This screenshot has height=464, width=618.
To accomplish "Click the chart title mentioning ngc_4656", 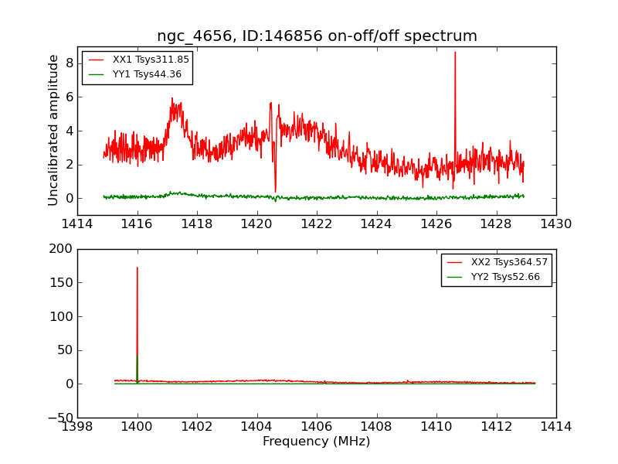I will coord(317,36).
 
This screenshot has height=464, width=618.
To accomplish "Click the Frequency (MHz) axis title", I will coord(317,442).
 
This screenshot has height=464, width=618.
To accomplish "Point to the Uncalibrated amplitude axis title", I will coord(53,130).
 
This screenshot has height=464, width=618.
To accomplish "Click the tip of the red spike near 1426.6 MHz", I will coord(455,53).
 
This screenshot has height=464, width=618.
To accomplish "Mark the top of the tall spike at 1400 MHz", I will coord(138,268).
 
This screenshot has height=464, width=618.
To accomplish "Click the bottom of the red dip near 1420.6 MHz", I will coord(275,192).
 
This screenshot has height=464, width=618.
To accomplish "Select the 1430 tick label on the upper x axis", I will coord(555,224).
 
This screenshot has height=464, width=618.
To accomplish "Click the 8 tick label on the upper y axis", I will coord(68,63).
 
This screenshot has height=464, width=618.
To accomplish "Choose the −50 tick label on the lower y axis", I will coord(60,418).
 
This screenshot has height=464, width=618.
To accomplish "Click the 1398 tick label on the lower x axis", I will coord(77,426).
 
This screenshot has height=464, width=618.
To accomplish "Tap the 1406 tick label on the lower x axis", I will coord(317,426).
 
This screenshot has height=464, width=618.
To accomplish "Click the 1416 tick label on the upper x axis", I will coord(138,224).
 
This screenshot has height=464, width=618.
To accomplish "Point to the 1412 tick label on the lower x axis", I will coord(496,426).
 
